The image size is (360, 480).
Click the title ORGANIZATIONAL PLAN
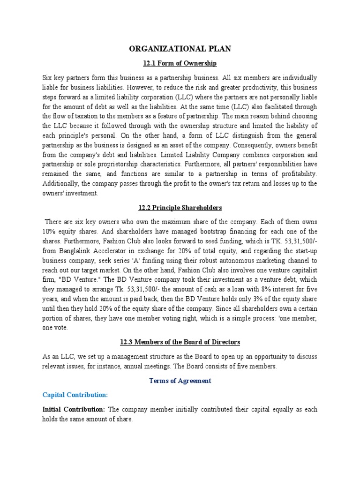pos(180,48)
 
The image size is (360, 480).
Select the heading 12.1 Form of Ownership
pos(180,63)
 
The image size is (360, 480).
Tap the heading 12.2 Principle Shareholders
pos(180,208)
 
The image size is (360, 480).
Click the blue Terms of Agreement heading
pos(180,381)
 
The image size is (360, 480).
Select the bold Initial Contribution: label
pos(74,409)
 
